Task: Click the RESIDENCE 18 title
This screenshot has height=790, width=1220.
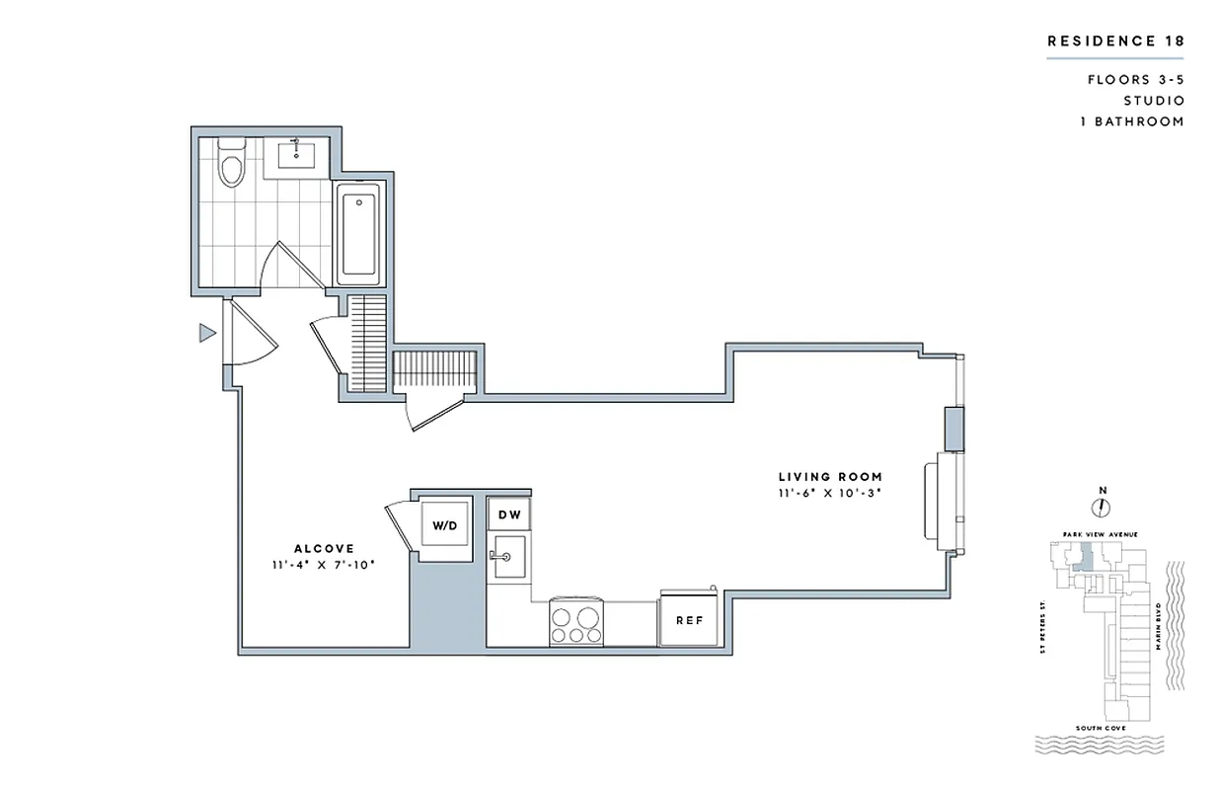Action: pos(1114,40)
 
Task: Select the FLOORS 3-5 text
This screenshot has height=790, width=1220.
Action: pos(1135,79)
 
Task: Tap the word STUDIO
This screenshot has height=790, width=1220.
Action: pos(1153,101)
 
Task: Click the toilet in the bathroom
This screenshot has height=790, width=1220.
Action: pos(231,164)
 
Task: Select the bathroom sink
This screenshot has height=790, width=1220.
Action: pos(296,155)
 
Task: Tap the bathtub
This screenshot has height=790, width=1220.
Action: pos(357,233)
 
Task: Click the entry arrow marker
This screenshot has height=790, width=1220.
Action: pos(206,333)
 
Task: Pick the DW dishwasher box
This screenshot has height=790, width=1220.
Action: pos(508,514)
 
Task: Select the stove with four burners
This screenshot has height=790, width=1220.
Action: pos(576,621)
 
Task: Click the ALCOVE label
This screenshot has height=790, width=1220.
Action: pos(324,548)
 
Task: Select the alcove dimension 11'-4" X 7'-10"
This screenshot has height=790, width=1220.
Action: pos(324,565)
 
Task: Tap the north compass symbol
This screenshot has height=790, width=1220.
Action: pos(1102,507)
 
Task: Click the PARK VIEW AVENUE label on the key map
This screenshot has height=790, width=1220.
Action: pos(1101,534)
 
